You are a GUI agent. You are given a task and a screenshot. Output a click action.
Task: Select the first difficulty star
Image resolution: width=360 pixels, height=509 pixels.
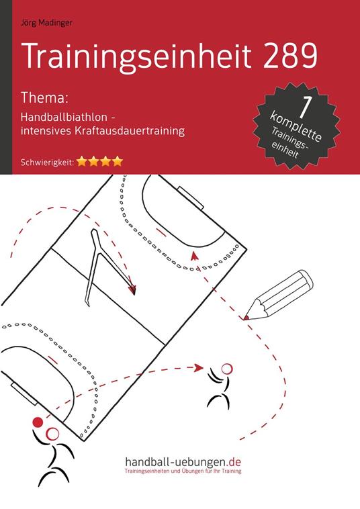coord(82,160)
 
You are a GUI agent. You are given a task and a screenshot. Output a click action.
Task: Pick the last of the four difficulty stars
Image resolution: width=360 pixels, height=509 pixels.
coord(118,160)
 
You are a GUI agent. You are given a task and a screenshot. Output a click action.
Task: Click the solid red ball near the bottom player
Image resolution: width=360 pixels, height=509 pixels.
coord(38,423)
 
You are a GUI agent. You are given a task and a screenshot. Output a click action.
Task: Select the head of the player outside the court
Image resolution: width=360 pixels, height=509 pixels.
coord(226,369)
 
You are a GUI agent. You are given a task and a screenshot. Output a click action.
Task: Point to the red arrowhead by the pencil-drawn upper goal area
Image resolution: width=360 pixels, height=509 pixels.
coord(194,254)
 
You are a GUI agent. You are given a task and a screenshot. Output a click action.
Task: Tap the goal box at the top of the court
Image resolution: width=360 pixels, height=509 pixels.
coord(194,200)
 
